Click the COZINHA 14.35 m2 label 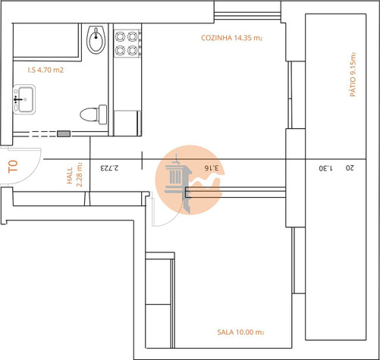[x=231, y=38]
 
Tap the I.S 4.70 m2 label [x=46, y=70]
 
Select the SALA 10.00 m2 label [x=240, y=332]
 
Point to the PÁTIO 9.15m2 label [x=353, y=74]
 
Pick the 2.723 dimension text [x=109, y=168]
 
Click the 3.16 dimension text [x=212, y=168]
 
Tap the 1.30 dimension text [x=326, y=168]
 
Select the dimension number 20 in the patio [x=350, y=167]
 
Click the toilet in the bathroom [x=93, y=114]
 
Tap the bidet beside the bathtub [x=96, y=39]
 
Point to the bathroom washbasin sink [x=24, y=99]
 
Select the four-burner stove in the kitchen [x=127, y=43]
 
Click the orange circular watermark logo [x=190, y=180]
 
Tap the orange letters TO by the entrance [x=13, y=166]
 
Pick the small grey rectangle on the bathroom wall [x=64, y=133]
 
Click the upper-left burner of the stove [x=120, y=36]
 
